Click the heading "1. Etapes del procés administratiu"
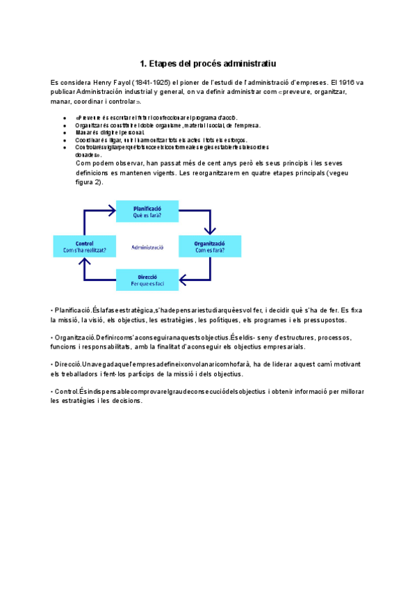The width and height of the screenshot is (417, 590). (x=208, y=63)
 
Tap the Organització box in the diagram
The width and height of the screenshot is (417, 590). (x=209, y=246)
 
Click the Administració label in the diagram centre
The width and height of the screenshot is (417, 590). (x=147, y=246)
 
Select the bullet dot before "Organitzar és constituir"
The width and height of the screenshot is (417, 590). (x=65, y=126)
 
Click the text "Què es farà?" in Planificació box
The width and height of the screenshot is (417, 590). (x=147, y=216)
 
